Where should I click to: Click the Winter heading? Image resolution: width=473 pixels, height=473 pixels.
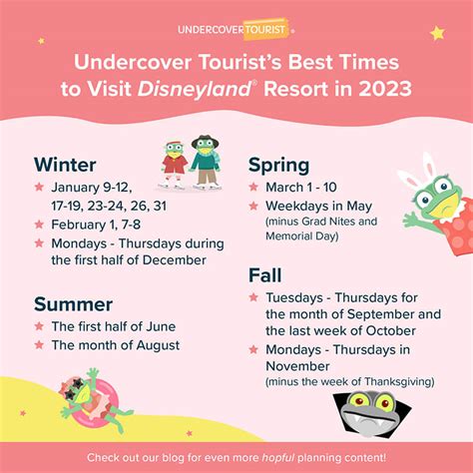pos(65,165)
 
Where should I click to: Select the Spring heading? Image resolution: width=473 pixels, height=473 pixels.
pos(278,166)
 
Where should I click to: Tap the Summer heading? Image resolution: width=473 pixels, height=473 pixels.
pos(73,304)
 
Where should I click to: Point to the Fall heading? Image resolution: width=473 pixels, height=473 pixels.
pos(265,275)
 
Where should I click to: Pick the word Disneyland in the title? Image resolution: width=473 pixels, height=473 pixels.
pos(195,90)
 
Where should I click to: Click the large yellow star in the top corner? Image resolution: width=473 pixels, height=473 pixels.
pos(437,33)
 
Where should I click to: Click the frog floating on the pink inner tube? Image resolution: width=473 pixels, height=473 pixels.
pos(93,400)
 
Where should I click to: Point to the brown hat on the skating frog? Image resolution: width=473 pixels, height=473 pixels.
pos(205,141)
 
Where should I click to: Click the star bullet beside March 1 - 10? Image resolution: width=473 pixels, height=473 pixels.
pos(253,187)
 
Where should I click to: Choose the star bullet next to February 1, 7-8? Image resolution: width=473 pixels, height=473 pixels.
pos(39,225)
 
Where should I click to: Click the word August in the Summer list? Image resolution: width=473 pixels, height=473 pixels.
pos(158,345)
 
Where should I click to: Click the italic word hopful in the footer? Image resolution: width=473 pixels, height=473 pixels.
pos(278,458)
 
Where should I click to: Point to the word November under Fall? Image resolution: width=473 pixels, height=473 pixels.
pos(297,366)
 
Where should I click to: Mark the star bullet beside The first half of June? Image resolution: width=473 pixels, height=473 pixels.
pos(39,326)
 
